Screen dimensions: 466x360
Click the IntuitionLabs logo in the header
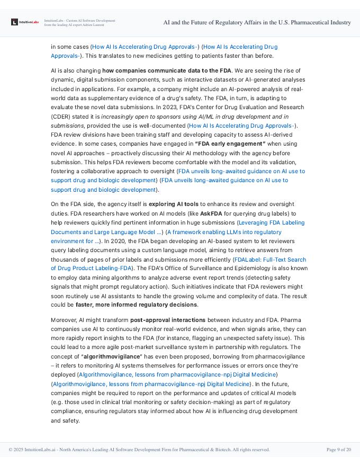pos(25,22)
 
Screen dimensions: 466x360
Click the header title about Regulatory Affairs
pos(257,22)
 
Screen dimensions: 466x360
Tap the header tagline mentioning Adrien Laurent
pos(79,22)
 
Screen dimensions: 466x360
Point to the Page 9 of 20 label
pos(338,450)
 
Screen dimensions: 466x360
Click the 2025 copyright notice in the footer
pos(139,450)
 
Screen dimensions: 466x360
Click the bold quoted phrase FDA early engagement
pos(230,144)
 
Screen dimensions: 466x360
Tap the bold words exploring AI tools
pos(173,204)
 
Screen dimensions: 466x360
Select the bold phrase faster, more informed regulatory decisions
pos(137,304)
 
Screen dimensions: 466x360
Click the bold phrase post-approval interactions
pos(168,320)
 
